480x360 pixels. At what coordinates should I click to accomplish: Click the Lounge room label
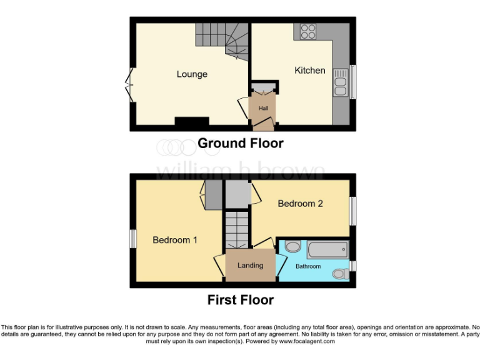point(192,74)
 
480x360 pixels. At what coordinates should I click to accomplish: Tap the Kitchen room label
point(310,71)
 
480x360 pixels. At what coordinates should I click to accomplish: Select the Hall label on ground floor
point(263,108)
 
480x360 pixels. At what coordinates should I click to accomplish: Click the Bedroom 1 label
point(175,240)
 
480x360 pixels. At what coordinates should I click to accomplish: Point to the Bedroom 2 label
point(300,204)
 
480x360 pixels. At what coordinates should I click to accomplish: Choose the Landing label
point(250,265)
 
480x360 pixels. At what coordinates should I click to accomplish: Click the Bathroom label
point(308,267)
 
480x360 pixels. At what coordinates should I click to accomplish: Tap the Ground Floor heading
point(241,144)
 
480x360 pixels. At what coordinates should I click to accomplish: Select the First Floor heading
point(241,300)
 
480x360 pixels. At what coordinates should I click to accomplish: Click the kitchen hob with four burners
point(307,31)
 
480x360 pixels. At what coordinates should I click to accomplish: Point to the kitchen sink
point(341,82)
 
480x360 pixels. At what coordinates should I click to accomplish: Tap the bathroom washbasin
point(292,247)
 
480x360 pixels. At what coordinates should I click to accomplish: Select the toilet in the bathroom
point(341,273)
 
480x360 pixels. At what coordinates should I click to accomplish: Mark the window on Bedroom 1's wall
point(133,239)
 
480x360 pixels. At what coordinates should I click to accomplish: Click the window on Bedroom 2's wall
point(352,212)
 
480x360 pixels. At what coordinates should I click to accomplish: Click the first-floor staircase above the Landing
point(237,229)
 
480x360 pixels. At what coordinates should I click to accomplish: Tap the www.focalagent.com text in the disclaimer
point(306,342)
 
